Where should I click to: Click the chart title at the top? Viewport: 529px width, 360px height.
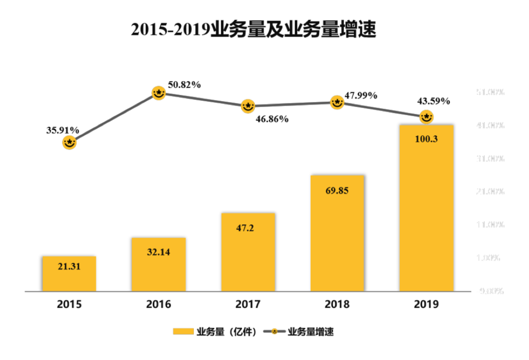point(254,30)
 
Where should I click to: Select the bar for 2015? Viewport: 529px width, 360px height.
point(69,274)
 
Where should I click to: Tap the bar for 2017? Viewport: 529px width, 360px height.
point(248,252)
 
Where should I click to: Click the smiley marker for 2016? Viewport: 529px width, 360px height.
point(159,93)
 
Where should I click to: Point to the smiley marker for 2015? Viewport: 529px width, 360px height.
point(70,142)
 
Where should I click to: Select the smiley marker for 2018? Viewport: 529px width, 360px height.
point(337,102)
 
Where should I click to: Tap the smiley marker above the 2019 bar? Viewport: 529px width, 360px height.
point(427,116)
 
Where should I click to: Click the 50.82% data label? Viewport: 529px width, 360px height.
point(184,85)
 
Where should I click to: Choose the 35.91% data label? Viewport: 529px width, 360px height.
point(62,130)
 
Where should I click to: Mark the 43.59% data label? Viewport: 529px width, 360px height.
point(433,101)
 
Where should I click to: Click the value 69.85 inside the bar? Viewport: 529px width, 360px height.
point(337,191)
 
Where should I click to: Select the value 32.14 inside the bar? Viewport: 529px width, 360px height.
point(159,252)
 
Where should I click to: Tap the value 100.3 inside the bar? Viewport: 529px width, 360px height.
point(427,140)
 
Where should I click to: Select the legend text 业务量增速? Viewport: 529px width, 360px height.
point(311,332)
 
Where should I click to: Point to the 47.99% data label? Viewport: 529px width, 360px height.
point(361,95)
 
